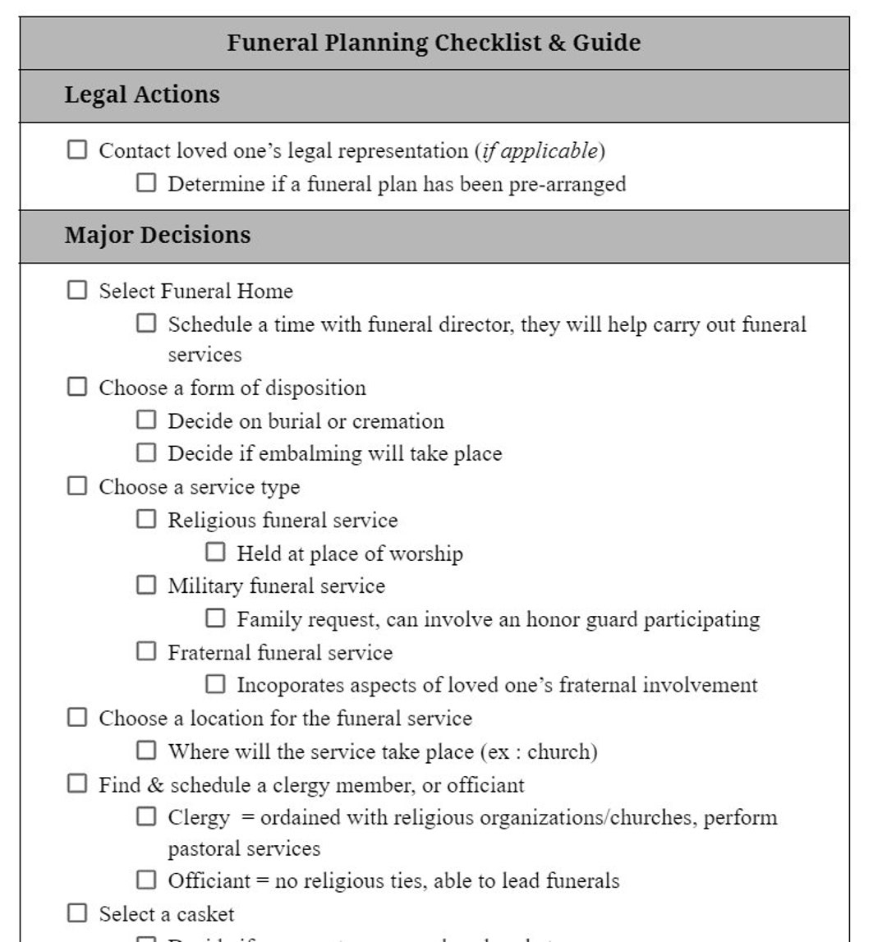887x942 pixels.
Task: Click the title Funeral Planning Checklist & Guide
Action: (434, 43)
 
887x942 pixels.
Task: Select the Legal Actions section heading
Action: (142, 94)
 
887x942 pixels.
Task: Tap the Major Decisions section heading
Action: (158, 235)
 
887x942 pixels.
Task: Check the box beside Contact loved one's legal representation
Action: (77, 149)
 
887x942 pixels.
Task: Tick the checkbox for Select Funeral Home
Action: (77, 290)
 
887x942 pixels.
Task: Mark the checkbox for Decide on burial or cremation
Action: (146, 420)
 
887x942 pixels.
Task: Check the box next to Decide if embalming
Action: (146, 453)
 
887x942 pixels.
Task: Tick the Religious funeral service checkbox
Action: (146, 519)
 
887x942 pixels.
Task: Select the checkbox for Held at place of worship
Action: (215, 552)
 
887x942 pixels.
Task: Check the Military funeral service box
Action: (146, 585)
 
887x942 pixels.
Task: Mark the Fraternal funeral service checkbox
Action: (146, 651)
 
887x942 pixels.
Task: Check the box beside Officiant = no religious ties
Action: (146, 880)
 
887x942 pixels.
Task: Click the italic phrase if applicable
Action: (540, 151)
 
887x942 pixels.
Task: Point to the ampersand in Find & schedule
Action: (156, 785)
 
